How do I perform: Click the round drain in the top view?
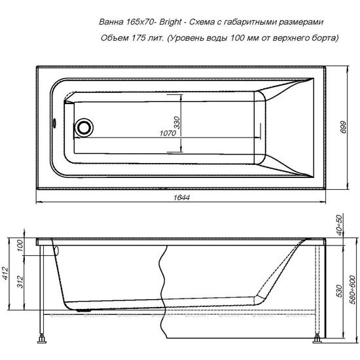[x=84, y=126]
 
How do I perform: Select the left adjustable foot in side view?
[x=44, y=339]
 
